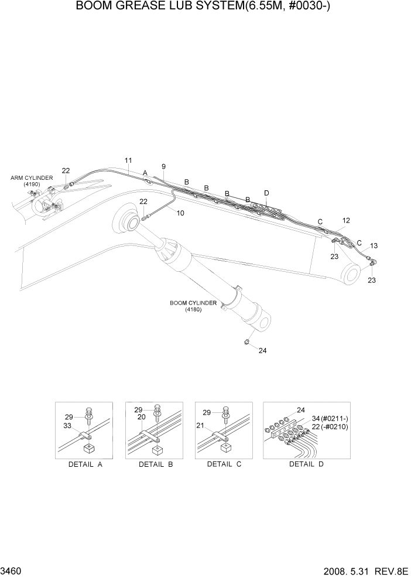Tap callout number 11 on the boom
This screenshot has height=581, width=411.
pos(128,160)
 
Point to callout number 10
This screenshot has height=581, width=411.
pos(180,213)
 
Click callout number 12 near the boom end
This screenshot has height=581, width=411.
pos(346,221)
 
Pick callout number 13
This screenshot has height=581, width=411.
pos(374,245)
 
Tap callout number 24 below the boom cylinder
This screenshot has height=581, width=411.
pos(262,351)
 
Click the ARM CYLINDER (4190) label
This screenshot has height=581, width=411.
pos(32,181)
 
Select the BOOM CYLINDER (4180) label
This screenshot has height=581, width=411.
pos(193,306)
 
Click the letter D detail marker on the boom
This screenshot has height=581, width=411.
pos(266,193)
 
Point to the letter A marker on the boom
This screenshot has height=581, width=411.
pos(145,173)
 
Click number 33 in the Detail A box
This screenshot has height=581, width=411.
pos(68,425)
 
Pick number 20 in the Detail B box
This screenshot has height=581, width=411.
pos(141,418)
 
